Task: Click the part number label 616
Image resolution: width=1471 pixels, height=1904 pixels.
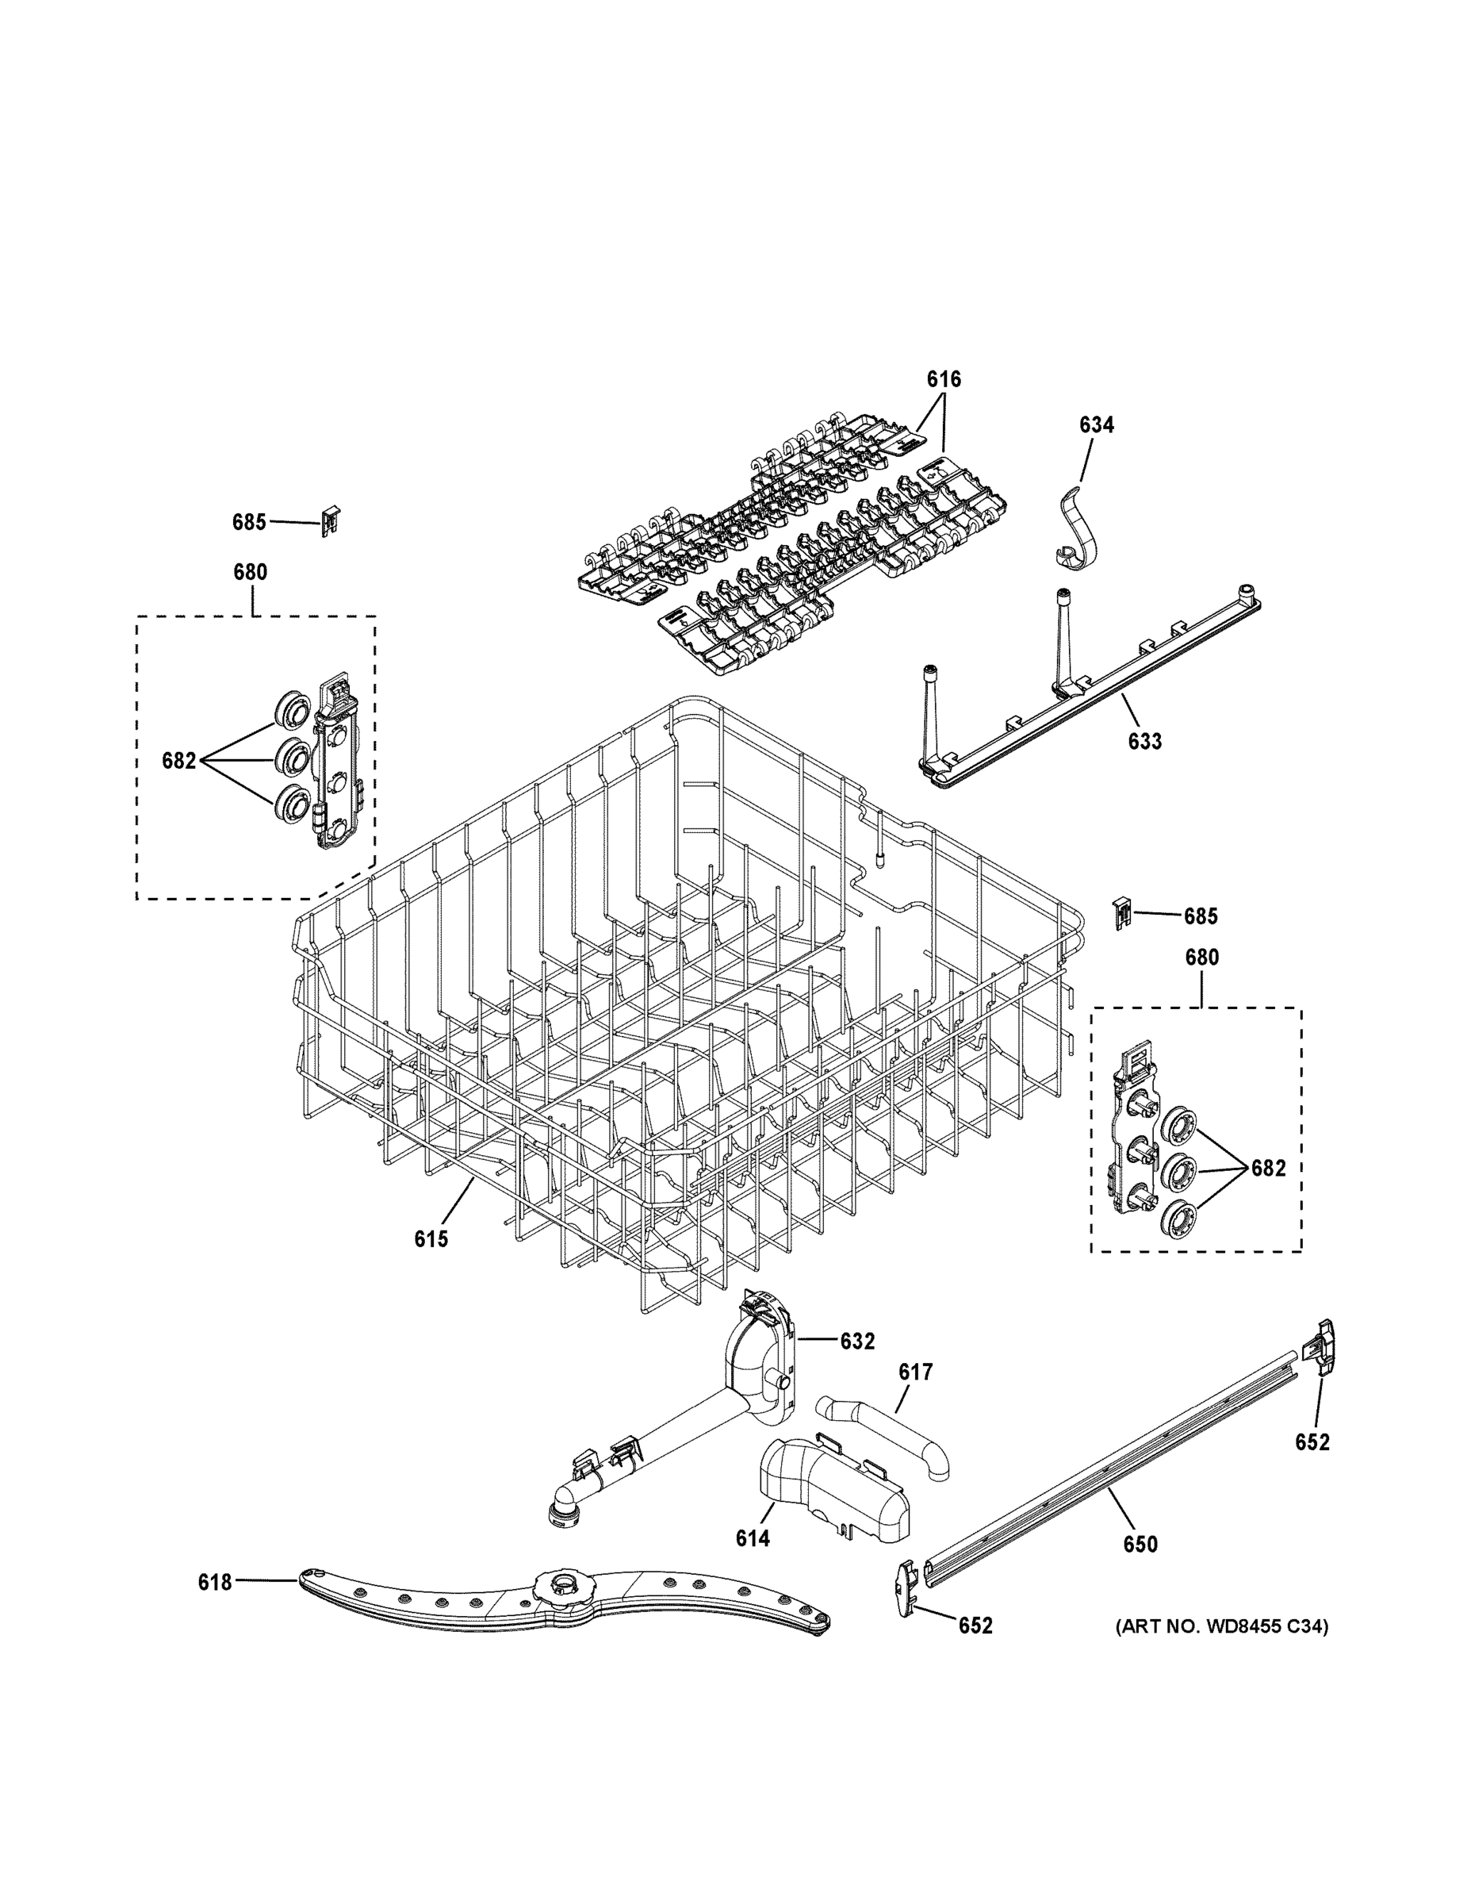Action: coord(943,379)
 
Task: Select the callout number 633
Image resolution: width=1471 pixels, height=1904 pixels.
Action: coord(1144,741)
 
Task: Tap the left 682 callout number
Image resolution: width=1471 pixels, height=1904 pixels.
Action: coord(178,761)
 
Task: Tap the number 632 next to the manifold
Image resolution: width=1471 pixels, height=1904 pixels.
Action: coord(856,1342)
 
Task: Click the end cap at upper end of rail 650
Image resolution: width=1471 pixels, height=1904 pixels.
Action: coord(1320,1349)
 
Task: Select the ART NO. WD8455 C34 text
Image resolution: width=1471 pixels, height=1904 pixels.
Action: coord(1222,1626)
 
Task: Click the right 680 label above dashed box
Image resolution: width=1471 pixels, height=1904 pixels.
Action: coord(1201,958)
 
